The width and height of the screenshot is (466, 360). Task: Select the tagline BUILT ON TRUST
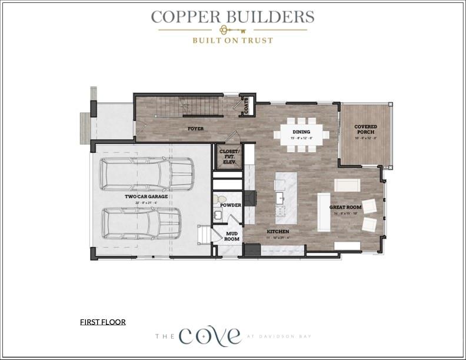coord(232,41)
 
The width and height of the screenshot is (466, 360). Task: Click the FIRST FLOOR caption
coord(103,322)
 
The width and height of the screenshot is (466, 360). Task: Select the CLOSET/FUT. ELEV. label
coord(229,155)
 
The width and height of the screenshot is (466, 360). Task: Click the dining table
coord(301,135)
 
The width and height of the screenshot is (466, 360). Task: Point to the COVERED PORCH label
coord(365,129)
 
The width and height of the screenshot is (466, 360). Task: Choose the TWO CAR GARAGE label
coord(146,196)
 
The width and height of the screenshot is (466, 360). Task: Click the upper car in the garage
coord(147,174)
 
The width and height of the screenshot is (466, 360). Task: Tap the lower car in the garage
coord(141,222)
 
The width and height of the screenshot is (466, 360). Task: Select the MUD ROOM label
coord(232,237)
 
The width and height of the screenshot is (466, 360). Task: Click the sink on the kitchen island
coord(280,198)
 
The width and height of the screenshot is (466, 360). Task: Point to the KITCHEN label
coord(278,232)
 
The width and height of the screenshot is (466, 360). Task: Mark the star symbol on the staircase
coord(185,106)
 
